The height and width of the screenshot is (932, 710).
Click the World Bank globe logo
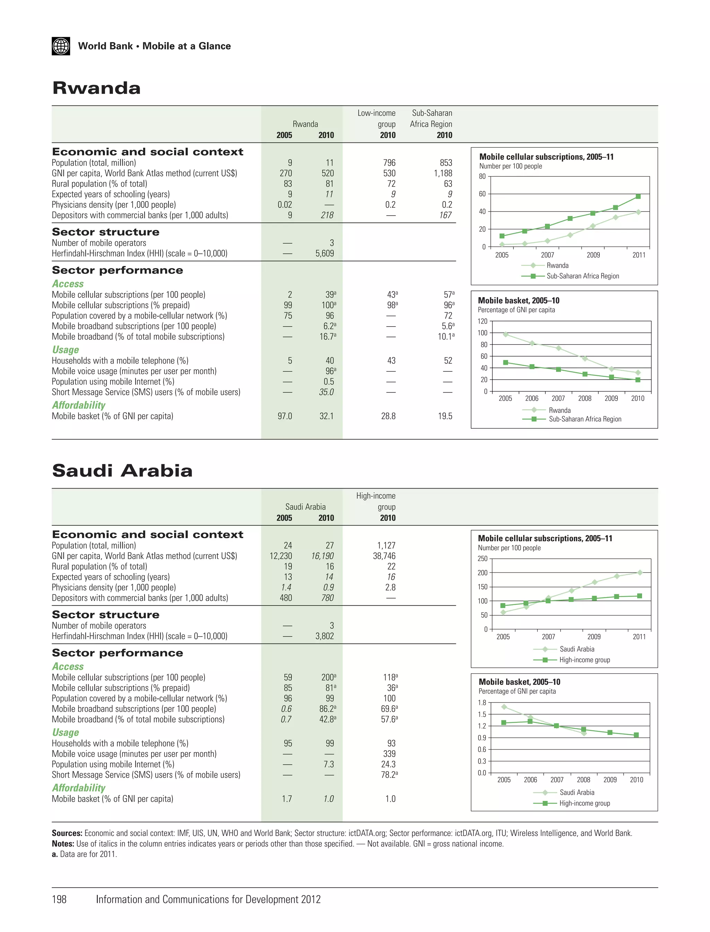(61, 46)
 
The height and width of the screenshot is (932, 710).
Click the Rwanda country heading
(96, 88)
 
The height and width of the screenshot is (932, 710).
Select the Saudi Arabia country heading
(122, 471)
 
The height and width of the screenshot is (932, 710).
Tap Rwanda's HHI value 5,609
(324, 253)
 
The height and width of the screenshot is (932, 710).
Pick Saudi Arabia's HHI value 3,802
(324, 636)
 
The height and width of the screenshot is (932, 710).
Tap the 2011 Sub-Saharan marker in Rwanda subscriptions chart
(638, 197)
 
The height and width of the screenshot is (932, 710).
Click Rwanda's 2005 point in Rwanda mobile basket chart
(505, 334)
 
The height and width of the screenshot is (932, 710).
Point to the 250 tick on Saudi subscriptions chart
(482, 559)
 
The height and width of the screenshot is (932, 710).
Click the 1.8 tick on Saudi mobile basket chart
(482, 703)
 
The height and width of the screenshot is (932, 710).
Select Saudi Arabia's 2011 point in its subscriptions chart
(639, 573)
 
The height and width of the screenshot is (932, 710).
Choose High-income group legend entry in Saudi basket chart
(585, 803)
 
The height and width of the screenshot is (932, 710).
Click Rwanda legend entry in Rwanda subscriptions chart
(557, 266)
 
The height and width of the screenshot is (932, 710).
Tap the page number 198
(59, 899)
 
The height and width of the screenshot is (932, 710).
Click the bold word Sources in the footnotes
(67, 833)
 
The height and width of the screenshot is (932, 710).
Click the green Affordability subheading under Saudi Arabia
(79, 788)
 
